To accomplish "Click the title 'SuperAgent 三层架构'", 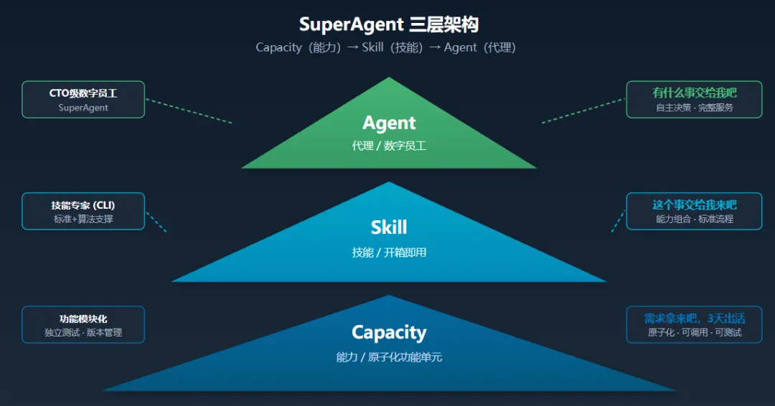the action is tap(388, 24).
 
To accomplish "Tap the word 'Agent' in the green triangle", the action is tap(389, 123).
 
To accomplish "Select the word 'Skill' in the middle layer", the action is tap(389, 227).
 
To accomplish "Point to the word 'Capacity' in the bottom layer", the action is tap(389, 333).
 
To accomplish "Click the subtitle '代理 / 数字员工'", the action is tap(389, 146).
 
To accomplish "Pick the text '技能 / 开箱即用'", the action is tap(389, 252).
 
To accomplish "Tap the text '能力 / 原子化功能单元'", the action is tap(389, 357).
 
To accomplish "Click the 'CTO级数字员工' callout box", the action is tap(83, 99).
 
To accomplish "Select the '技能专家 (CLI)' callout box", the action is tap(83, 211).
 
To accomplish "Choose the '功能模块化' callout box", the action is tap(83, 324).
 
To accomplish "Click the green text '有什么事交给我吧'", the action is tap(694, 93).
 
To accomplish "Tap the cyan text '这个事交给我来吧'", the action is tap(694, 205).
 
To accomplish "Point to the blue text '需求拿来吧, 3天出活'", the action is tap(694, 318).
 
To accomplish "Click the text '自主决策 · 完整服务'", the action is tap(694, 108).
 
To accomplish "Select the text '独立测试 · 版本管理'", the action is tap(83, 332).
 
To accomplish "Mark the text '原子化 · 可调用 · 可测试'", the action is tap(694, 332).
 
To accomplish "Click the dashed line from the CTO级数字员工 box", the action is tap(189, 111).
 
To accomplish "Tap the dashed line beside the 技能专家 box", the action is tap(156, 222).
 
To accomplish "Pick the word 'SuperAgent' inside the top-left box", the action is tap(83, 108).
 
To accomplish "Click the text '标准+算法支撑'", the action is tap(83, 219).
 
